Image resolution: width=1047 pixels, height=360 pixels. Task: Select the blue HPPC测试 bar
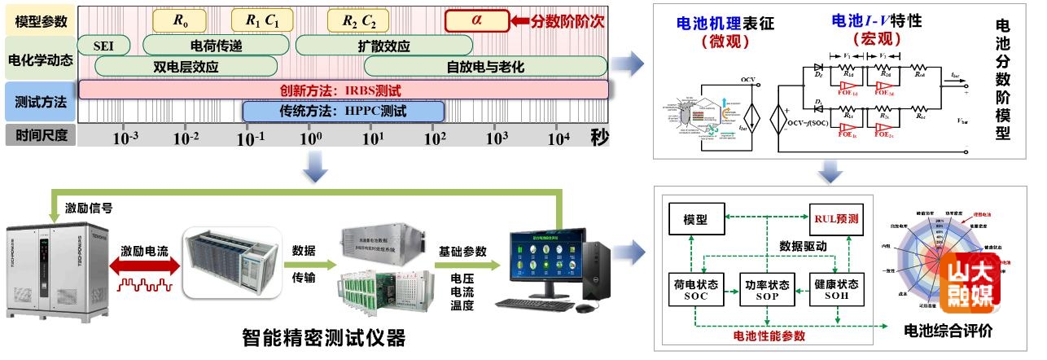[343, 111]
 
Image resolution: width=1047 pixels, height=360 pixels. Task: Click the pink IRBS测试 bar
[343, 89]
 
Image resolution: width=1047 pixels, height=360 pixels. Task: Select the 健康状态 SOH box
[836, 291]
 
